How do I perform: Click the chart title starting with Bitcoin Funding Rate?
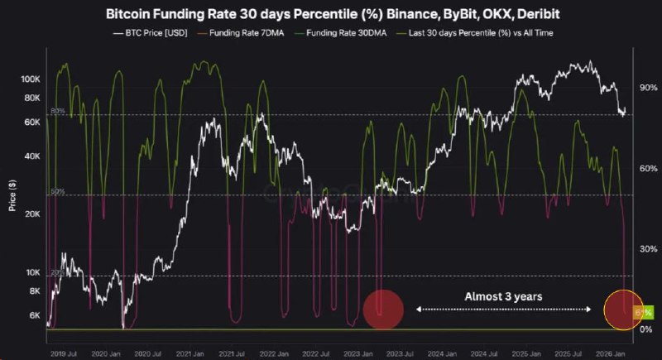(331, 13)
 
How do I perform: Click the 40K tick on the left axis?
(32, 156)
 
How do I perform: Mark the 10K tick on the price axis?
(32, 272)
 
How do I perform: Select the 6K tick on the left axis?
(34, 315)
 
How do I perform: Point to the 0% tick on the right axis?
(645, 329)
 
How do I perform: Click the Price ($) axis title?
(12, 195)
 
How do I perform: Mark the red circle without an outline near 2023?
(382, 310)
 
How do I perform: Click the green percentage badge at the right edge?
(643, 312)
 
